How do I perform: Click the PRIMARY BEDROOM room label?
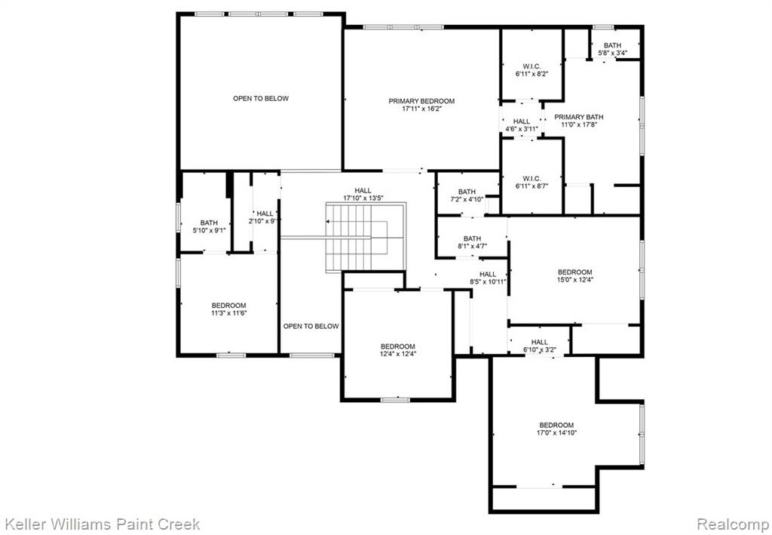[421, 101]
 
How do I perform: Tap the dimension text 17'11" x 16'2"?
[421, 109]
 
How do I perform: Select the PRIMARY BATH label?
[578, 117]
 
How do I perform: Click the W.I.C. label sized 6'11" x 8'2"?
[532, 70]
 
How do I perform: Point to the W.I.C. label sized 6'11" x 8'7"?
[532, 183]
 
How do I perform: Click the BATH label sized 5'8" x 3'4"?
[612, 49]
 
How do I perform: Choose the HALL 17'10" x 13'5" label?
[363, 194]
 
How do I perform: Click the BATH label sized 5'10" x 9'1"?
[209, 226]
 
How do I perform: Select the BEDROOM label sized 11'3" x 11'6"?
[229, 309]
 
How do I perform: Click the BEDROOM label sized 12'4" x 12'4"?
[398, 350]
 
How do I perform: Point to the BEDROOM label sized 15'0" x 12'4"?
[575, 276]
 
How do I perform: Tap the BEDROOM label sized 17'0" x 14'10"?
[557, 429]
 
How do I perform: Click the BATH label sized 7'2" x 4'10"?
[467, 195]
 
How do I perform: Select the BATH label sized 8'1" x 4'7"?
[472, 242]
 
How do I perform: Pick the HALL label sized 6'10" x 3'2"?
[540, 346]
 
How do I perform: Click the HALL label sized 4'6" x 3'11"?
[522, 125]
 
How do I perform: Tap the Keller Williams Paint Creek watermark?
[102, 524]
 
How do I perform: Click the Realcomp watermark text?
[732, 524]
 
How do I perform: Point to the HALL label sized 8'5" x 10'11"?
[488, 278]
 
